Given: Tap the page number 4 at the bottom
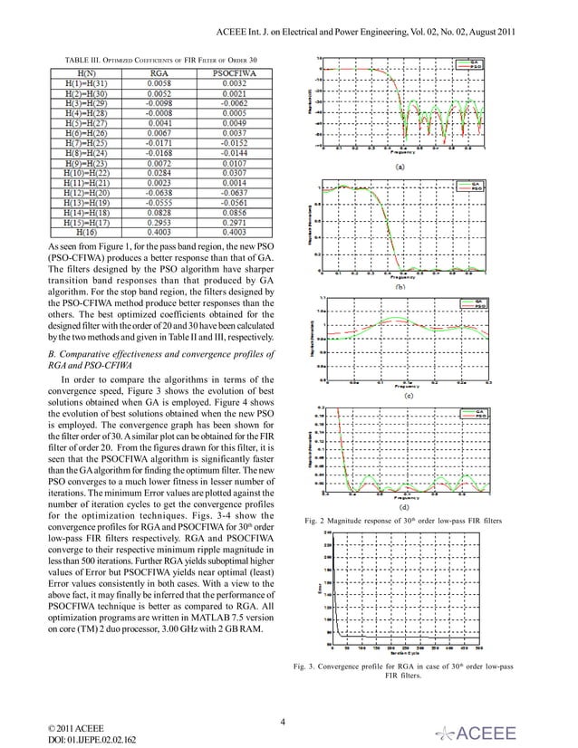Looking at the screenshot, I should (x=284, y=722).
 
